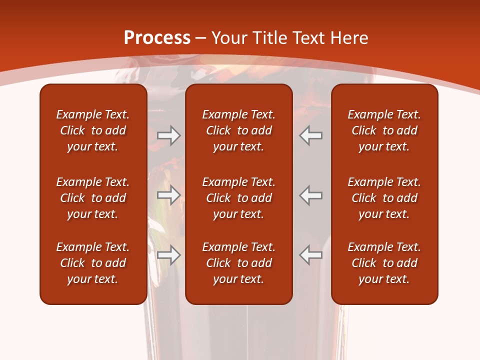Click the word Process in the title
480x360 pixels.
(157, 38)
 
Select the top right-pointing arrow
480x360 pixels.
(169, 135)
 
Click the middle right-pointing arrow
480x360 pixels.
(169, 195)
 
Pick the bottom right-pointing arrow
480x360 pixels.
(169, 255)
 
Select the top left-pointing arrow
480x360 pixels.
(311, 135)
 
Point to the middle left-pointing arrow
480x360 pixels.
(311, 195)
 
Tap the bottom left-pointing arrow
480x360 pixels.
(311, 255)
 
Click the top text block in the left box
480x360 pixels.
(93, 130)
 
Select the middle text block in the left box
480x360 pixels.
(93, 198)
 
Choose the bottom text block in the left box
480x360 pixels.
(93, 263)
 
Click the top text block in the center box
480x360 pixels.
(238, 130)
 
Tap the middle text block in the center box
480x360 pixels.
(238, 198)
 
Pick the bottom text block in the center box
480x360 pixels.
(238, 263)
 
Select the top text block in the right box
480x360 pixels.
(384, 130)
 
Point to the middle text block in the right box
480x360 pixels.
(384, 198)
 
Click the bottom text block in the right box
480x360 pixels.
(384, 263)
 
